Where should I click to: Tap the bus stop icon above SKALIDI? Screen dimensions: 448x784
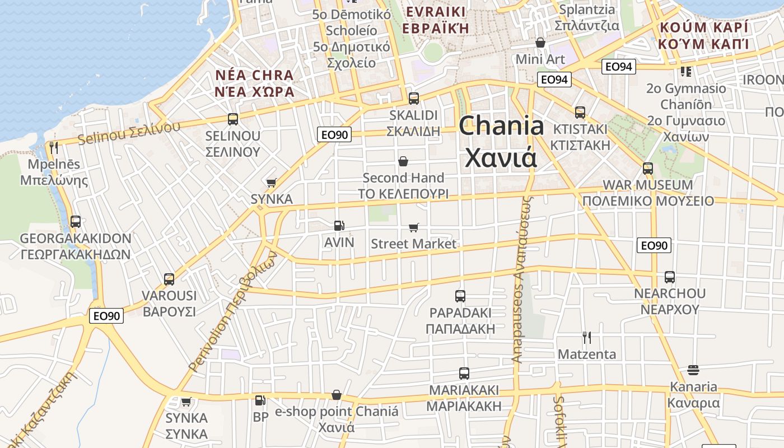point(414,99)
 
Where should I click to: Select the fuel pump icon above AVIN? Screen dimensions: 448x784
point(339,226)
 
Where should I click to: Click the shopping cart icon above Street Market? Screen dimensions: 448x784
point(414,227)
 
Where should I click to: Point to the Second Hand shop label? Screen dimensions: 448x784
point(403,178)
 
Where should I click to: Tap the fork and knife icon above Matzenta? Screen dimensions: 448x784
point(586,338)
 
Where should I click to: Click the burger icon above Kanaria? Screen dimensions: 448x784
point(693,370)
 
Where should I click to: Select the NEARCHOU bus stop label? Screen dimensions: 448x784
point(670,293)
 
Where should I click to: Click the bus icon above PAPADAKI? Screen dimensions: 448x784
point(460,296)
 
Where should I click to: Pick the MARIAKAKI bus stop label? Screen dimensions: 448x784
point(464,390)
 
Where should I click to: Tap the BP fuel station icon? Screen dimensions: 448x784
point(260,400)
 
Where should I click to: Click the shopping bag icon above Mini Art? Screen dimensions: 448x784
point(540,43)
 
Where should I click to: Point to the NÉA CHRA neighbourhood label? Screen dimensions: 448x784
point(254,76)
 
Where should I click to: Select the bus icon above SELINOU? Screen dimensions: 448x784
point(233,119)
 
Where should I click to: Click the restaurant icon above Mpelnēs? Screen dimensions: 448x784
point(54,148)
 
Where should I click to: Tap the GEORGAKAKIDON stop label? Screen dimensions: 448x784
point(76,239)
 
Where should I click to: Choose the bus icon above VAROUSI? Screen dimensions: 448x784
point(169,279)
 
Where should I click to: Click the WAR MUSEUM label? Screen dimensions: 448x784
point(648,185)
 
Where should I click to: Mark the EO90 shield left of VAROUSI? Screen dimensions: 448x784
point(106,316)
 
